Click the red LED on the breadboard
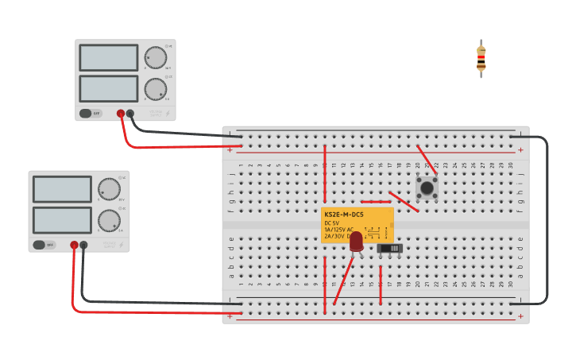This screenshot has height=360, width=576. (356, 241)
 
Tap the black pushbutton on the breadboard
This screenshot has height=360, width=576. (427, 188)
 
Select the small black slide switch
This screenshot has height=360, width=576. (389, 248)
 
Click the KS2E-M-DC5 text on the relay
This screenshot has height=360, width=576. (344, 215)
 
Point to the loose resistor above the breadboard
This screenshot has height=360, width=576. (481, 58)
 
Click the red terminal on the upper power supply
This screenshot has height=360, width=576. (121, 114)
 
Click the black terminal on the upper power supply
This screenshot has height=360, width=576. (130, 114)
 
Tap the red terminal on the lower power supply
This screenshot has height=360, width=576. (74, 246)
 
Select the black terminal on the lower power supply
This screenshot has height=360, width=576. (83, 246)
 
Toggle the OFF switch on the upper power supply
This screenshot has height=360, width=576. (90, 114)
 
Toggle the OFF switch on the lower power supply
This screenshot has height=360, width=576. (44, 245)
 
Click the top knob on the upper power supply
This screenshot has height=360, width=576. (156, 58)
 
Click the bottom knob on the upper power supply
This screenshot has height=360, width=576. (156, 88)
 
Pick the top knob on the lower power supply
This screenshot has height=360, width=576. (109, 189)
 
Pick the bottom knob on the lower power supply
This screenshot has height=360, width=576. (109, 220)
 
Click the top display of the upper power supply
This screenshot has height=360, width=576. (109, 57)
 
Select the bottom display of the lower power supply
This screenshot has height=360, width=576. (62, 220)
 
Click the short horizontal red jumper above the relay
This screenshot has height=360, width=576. (375, 201)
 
